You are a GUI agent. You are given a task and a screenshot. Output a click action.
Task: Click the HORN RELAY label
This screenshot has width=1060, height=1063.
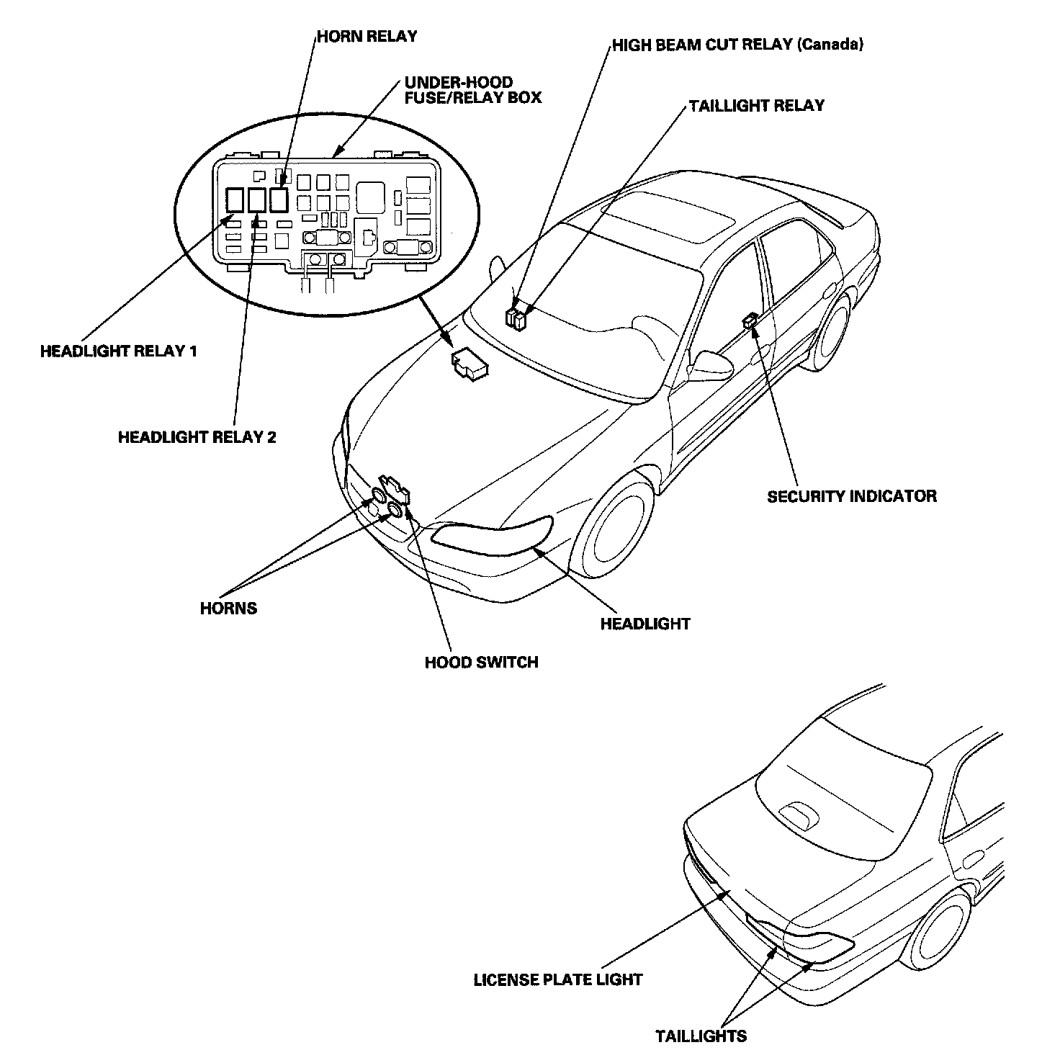click(367, 37)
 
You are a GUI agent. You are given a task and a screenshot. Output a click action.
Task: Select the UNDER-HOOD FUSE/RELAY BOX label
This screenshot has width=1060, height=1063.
click(472, 90)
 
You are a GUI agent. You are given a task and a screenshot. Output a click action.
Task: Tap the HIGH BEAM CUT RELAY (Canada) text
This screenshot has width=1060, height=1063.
click(737, 45)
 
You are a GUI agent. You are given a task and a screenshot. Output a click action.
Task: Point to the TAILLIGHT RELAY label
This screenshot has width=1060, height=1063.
click(756, 106)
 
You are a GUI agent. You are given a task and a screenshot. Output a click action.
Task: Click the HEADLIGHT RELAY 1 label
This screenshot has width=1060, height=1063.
click(119, 351)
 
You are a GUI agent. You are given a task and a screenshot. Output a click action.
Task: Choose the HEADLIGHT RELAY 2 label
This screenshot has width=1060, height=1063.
click(197, 437)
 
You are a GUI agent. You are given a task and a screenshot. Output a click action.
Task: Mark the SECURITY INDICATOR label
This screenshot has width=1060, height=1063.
click(852, 496)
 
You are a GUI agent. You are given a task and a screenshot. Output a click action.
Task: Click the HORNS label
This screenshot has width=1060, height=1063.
click(228, 608)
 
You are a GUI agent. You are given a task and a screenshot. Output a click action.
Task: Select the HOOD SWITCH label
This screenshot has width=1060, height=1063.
click(481, 662)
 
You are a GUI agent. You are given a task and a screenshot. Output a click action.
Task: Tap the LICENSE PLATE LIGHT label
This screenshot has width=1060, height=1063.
click(557, 979)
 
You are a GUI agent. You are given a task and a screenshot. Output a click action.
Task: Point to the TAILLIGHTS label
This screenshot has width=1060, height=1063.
click(701, 1036)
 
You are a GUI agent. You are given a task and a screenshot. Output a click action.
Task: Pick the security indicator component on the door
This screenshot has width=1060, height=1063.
click(750, 320)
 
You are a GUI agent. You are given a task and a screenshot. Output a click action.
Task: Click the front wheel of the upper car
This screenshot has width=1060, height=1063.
click(619, 530)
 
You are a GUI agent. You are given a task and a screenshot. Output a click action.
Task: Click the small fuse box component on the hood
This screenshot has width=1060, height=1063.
click(468, 364)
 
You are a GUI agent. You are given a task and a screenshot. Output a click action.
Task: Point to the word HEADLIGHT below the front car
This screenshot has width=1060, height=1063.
click(644, 624)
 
